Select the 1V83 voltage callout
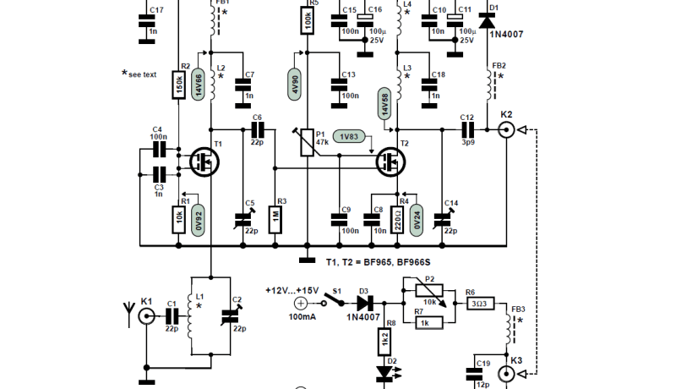(352, 137)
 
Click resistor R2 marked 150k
(179, 85)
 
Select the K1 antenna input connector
(147, 319)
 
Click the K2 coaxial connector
(506, 130)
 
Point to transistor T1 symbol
(204, 161)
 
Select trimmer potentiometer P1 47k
(307, 140)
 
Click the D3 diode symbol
(364, 301)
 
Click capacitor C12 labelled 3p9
(467, 130)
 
